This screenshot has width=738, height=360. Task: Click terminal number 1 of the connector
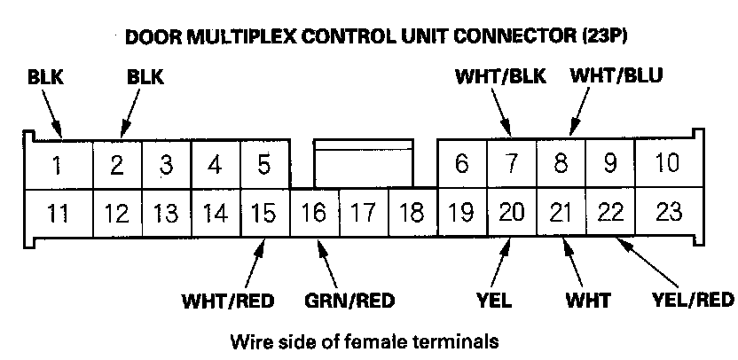[56, 166]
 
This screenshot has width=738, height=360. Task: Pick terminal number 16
[313, 214]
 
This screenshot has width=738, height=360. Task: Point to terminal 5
[263, 165]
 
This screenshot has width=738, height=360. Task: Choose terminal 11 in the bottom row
[56, 213]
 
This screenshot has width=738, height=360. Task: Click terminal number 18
[412, 214]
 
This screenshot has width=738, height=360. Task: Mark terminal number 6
[461, 165]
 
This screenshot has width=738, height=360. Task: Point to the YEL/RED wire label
[692, 299]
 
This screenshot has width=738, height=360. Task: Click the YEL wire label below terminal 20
[493, 299]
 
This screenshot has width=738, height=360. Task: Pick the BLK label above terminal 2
[145, 77]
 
